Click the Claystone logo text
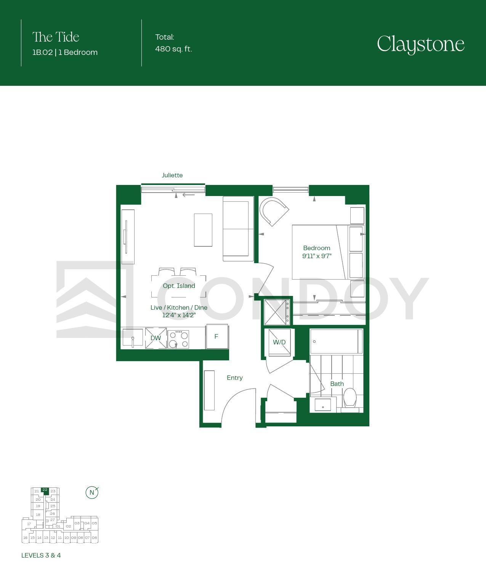[420, 44]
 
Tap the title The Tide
[56, 37]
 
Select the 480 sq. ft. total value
[173, 49]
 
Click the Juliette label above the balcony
[172, 175]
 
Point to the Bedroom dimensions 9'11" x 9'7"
[317, 256]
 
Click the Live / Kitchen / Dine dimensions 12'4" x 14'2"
[179, 315]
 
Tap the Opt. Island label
[179, 286]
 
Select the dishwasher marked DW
[156, 338]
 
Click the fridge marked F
[217, 336]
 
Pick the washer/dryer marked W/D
[280, 342]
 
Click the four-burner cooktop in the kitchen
[178, 339]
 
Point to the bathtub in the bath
[337, 341]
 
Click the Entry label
[235, 378]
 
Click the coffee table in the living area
[203, 230]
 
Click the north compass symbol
[92, 492]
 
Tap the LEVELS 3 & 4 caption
[41, 555]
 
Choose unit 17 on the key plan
[29, 524]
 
